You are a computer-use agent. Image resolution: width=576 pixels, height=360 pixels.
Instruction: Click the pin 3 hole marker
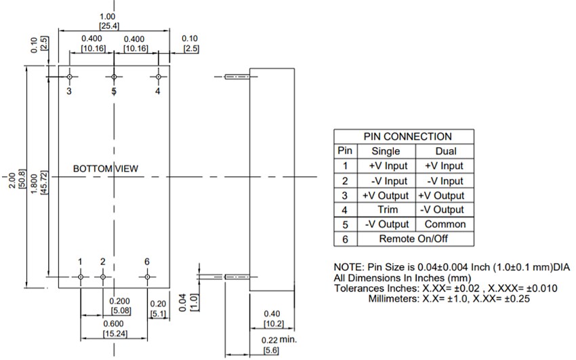point(70,77)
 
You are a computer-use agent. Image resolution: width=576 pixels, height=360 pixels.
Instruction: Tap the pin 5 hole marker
point(114,77)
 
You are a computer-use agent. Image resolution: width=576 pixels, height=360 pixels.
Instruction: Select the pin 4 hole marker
point(159,77)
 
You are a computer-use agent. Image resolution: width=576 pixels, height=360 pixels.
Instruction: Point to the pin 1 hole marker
point(81,276)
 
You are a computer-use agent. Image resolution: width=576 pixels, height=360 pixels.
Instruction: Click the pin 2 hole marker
point(103,276)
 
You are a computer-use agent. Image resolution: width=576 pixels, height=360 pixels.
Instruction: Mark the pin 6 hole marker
point(147,276)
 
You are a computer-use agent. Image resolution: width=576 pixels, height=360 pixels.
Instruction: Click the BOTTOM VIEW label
point(106,168)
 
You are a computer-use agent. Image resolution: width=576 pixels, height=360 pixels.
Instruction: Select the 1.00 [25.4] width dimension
point(108,21)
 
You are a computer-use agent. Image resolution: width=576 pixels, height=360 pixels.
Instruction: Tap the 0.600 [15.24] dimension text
point(113,328)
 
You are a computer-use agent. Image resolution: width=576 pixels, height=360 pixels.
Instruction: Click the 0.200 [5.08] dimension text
point(120,306)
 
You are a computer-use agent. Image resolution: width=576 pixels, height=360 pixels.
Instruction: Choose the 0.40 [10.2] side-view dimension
point(272,319)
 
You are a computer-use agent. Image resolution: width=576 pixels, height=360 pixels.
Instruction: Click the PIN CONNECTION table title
point(407,136)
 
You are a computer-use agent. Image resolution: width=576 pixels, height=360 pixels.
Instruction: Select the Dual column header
point(445,151)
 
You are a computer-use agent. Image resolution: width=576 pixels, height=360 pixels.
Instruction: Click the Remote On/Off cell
point(413,239)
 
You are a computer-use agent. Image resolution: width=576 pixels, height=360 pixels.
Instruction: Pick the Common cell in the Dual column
point(445,224)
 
